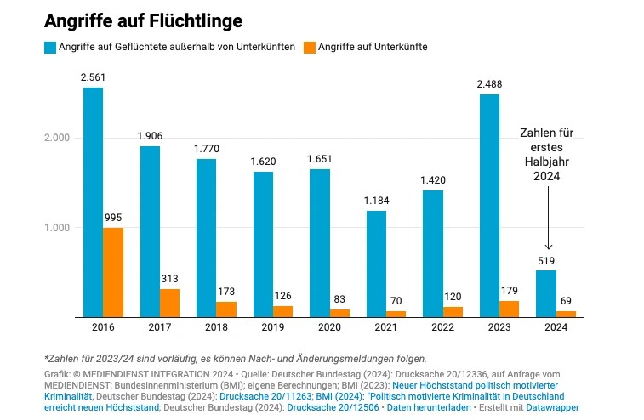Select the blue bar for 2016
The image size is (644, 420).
93,202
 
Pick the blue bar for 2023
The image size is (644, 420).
488,206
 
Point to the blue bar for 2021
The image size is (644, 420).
376,264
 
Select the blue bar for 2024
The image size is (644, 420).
545,293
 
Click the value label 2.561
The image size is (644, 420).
93,78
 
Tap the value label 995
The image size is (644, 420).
113,219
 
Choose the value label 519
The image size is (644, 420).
545,261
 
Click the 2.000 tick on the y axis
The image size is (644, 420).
57,138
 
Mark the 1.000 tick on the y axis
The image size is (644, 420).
57,228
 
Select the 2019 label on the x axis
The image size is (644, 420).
272,326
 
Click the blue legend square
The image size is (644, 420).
49,47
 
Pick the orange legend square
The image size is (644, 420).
308,47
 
